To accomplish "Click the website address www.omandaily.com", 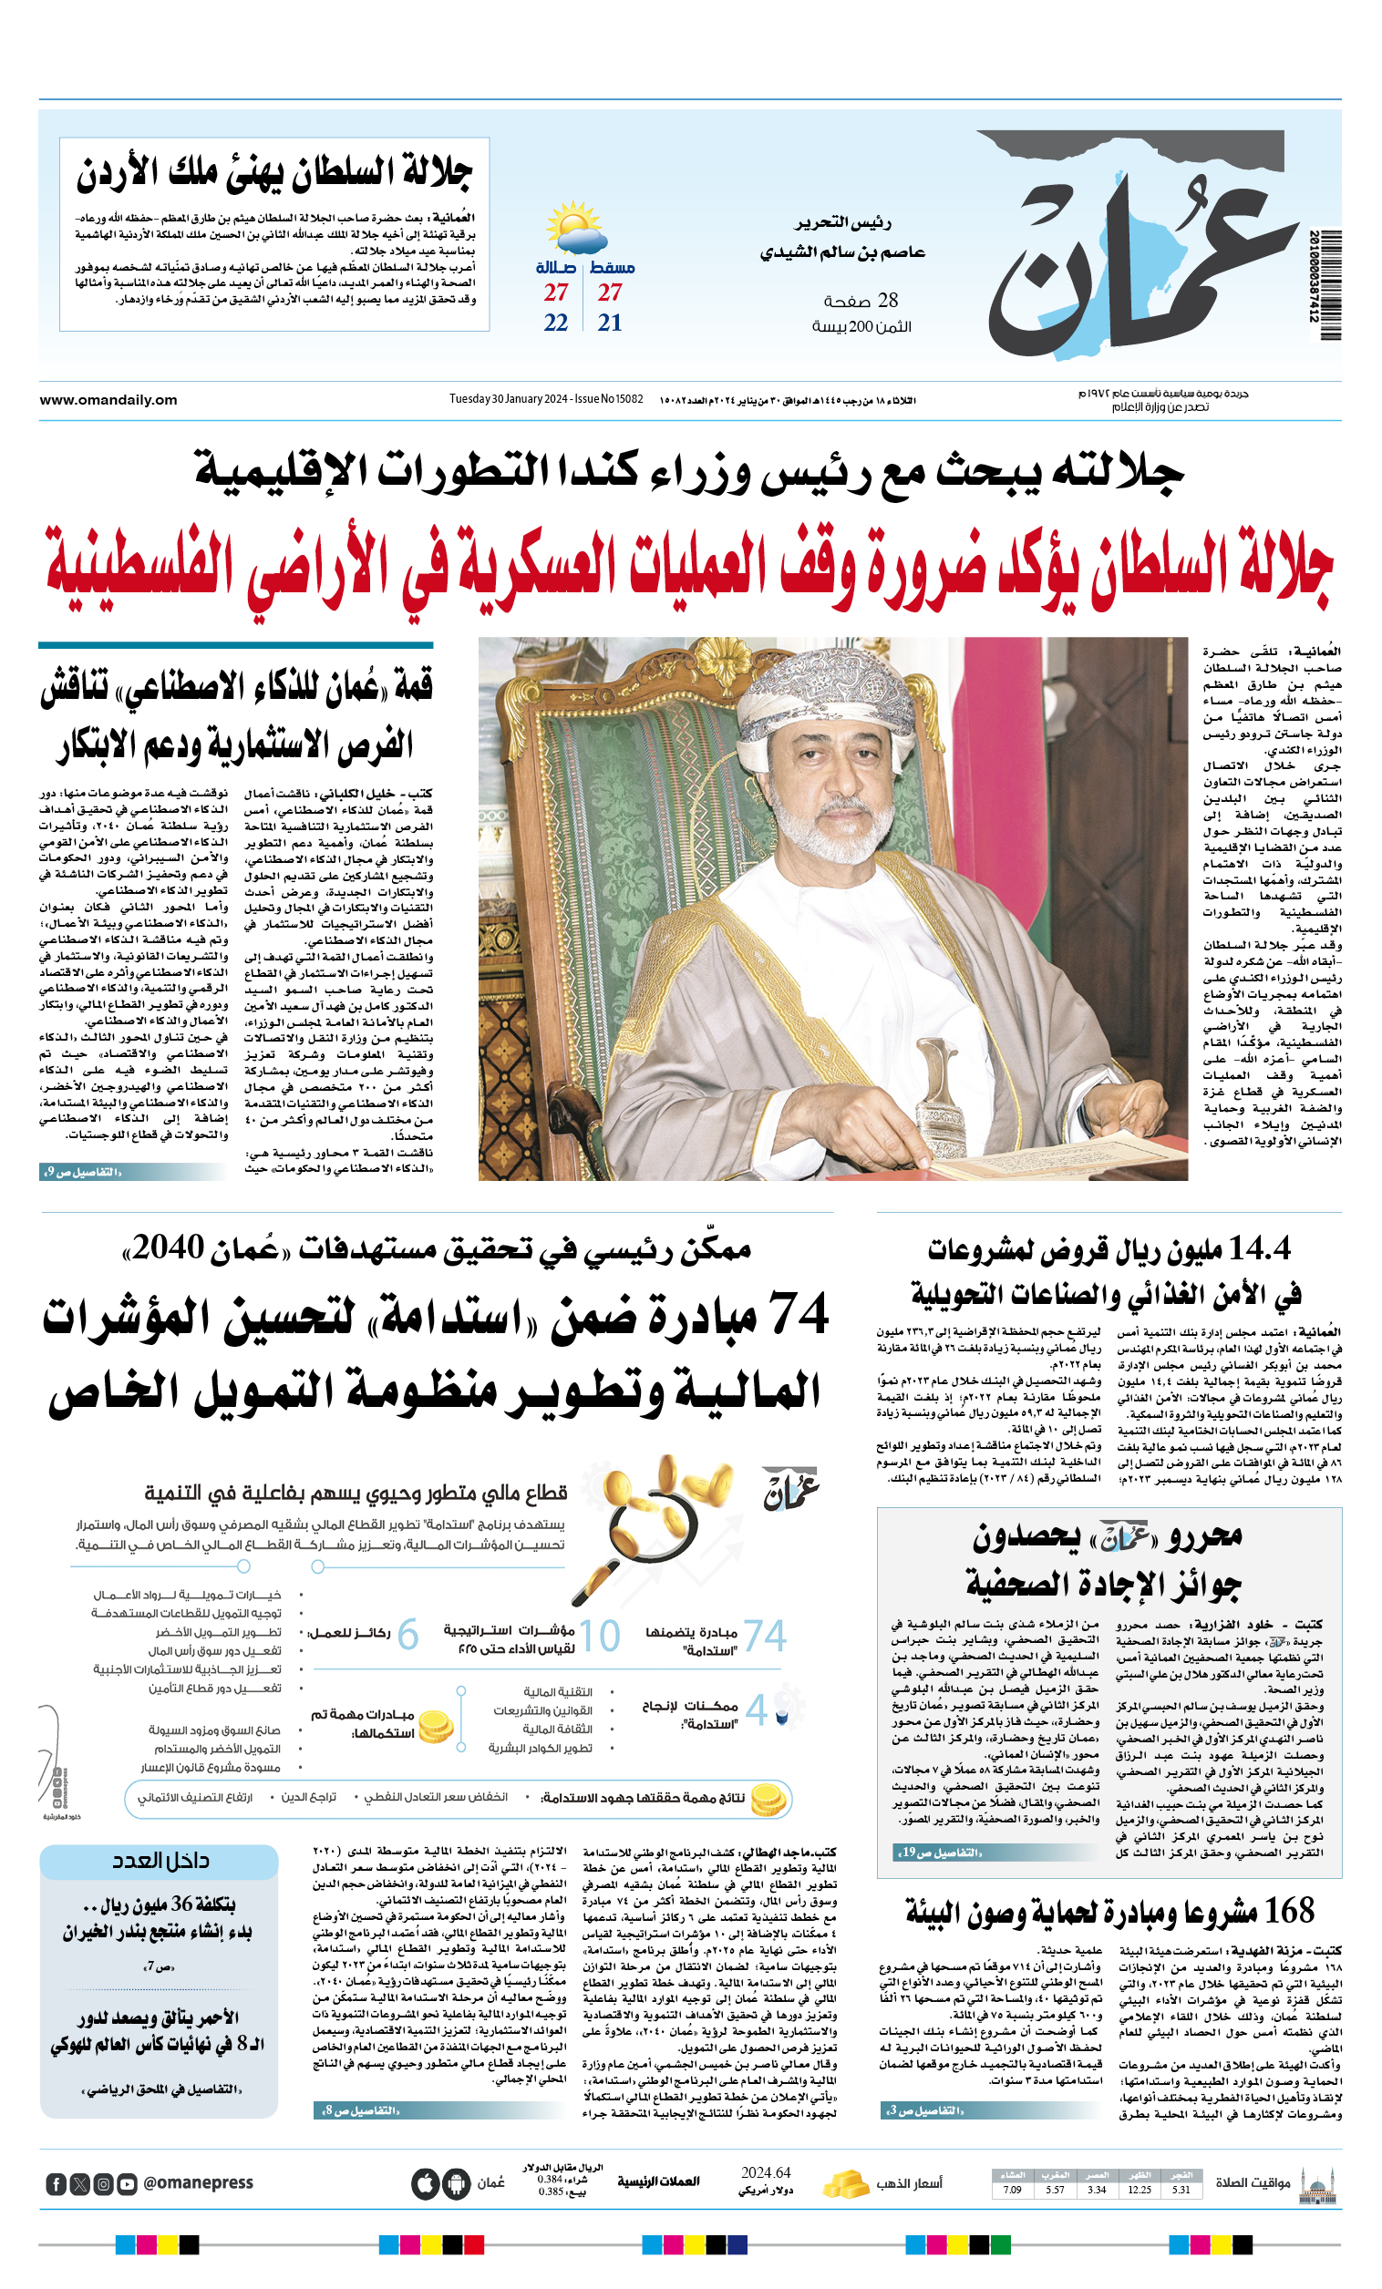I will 108,399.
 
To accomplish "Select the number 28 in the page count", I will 888,300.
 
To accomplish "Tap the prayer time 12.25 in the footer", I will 1140,2190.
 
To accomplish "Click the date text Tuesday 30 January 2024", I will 509,399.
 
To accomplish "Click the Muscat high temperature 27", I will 610,293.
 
